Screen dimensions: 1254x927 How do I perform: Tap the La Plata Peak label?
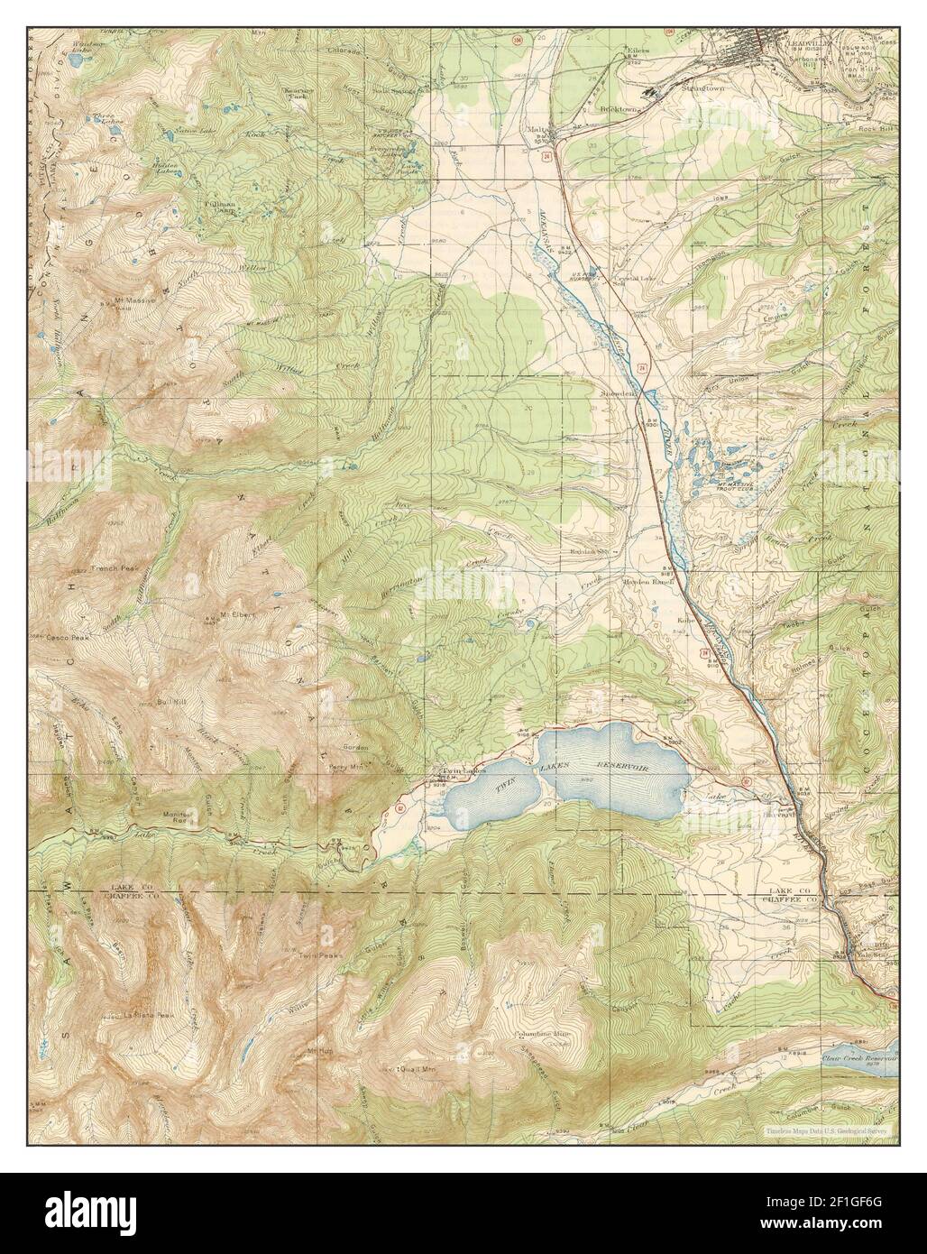tap(126, 1015)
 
